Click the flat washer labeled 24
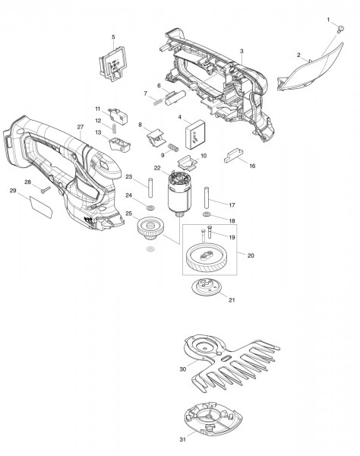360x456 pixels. (x=150, y=207)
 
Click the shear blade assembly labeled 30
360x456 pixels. (x=228, y=361)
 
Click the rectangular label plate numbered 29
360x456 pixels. (x=42, y=203)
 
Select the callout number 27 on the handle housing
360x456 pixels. (x=80, y=126)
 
